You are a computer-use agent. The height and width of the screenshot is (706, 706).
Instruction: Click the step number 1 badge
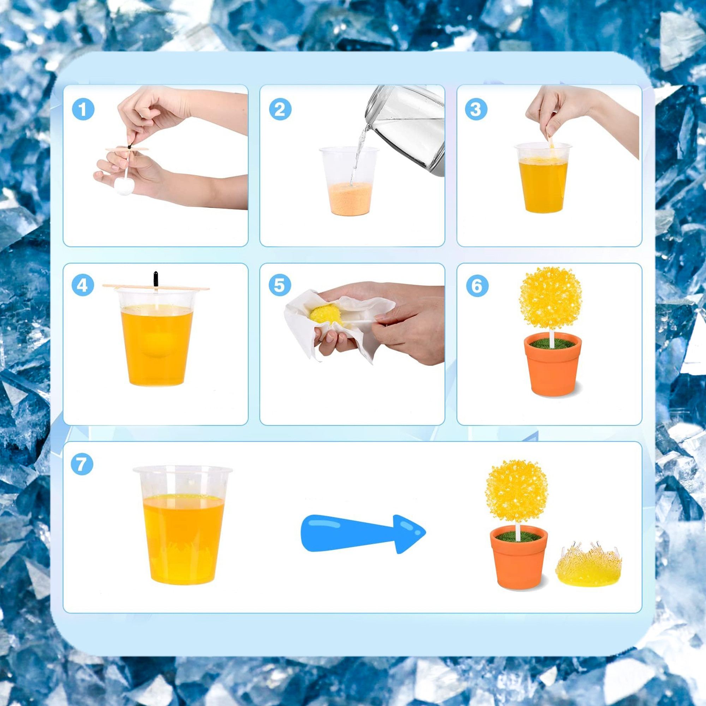point(83,109)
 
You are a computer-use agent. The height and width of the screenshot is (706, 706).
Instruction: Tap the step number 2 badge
point(280,109)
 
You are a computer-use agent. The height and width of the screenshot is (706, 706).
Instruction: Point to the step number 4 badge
point(83,285)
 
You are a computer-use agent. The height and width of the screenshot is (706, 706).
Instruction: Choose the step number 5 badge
point(280,285)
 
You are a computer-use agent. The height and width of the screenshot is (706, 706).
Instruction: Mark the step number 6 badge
point(477,285)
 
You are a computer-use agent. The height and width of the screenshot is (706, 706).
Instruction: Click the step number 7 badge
point(82,464)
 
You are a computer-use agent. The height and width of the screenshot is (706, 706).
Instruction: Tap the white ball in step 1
point(125,186)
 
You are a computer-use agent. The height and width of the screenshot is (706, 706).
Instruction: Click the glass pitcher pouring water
point(406,130)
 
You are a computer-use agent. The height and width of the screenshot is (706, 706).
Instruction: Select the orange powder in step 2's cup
point(351,199)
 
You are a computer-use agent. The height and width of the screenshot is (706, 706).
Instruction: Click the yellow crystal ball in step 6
point(550,298)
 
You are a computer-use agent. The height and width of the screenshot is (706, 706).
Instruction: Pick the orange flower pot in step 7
point(519,557)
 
